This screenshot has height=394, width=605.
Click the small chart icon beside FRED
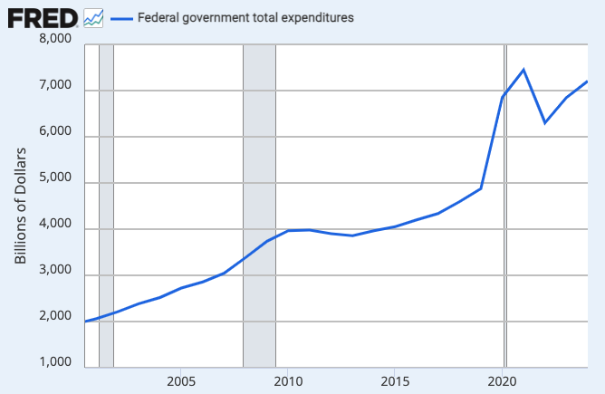93,17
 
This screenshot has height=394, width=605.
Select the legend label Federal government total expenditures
245,17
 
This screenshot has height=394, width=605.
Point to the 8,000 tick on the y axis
54,39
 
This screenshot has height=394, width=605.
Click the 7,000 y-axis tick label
54,86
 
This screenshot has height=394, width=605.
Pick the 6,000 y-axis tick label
54,132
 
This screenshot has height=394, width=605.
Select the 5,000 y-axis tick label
54,178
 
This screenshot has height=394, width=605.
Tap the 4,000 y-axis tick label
54,225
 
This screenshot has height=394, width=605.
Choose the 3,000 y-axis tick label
54,271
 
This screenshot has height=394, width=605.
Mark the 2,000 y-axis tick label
54,317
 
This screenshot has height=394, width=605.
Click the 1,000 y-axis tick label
54,363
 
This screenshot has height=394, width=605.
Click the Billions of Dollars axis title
21,206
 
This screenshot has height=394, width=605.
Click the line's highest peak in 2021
523,70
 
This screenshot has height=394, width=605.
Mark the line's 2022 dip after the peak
545,122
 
